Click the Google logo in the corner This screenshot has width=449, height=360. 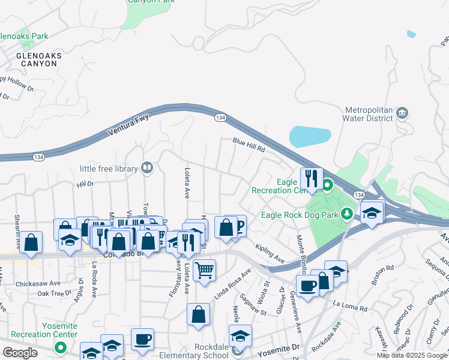point(20,353)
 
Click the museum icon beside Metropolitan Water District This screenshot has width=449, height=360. point(402,113)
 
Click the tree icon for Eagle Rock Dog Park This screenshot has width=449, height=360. point(347,214)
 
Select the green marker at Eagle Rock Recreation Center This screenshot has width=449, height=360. point(327,184)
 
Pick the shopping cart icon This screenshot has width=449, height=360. point(205,271)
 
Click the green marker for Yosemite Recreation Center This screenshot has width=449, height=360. point(60,346)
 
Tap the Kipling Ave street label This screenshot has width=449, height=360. point(269,253)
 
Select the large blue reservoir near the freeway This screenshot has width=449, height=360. point(310,136)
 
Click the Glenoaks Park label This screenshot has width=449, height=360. point(24,37)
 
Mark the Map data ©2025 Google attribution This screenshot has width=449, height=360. point(412,355)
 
